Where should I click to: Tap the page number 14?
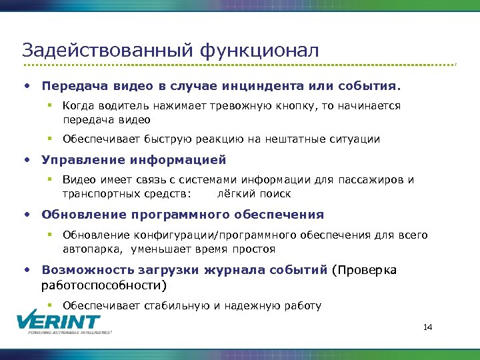coord(428,327)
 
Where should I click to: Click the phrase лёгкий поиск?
coord(254,194)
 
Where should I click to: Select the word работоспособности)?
coord(104,285)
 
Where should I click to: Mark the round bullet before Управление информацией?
coord(26,160)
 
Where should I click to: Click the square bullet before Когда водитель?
coord(49,106)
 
